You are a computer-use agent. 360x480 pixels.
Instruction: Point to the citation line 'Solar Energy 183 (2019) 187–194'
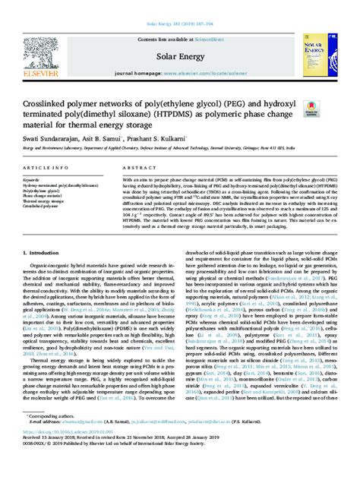(x=179, y=7)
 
